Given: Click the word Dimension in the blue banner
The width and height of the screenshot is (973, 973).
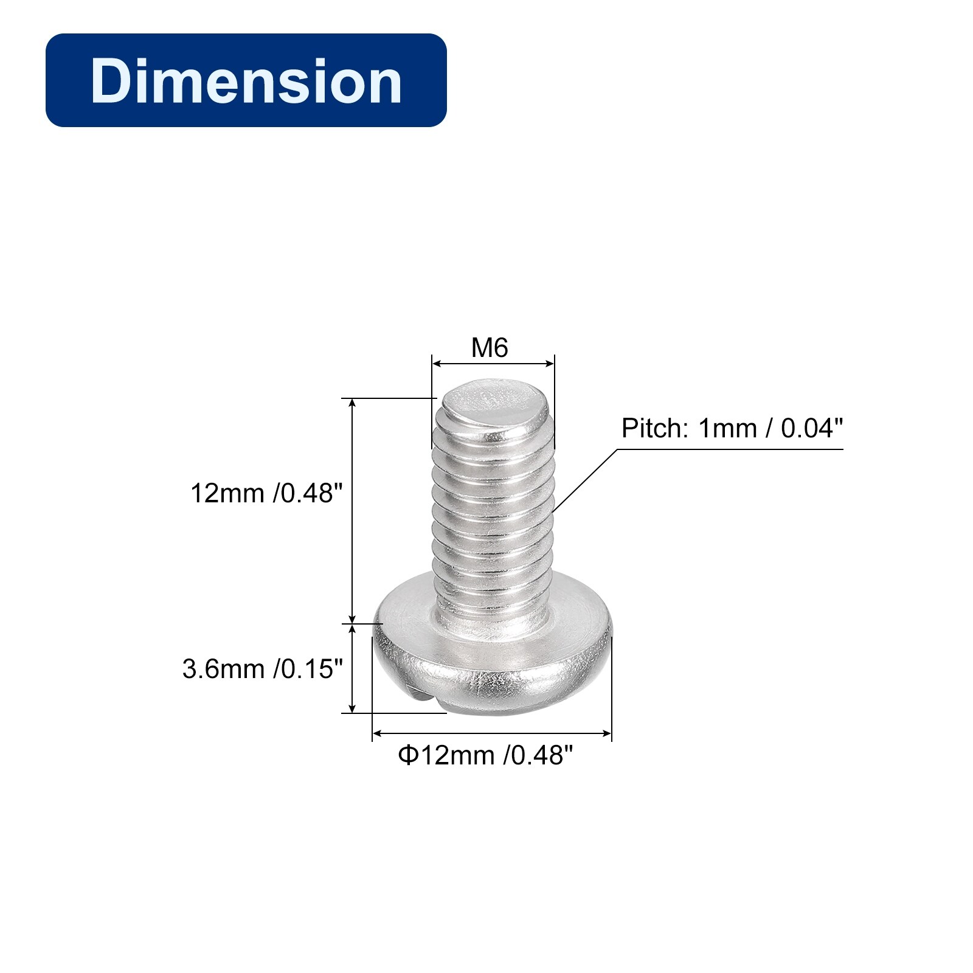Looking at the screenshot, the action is (x=246, y=81).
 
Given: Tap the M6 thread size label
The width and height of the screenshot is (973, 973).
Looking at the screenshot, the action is (x=490, y=348).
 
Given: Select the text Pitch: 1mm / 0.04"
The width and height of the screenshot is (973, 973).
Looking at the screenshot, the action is (x=732, y=428).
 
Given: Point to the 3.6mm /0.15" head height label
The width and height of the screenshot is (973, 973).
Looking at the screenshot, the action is (x=263, y=669).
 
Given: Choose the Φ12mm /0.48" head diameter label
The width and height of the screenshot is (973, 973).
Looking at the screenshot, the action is (x=485, y=755).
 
